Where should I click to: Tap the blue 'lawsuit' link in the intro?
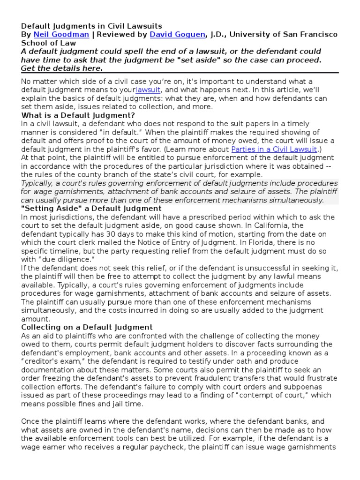148,90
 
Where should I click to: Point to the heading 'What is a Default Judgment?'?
78,115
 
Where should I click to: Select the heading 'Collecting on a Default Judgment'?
87,327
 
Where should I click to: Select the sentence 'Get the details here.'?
61,68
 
